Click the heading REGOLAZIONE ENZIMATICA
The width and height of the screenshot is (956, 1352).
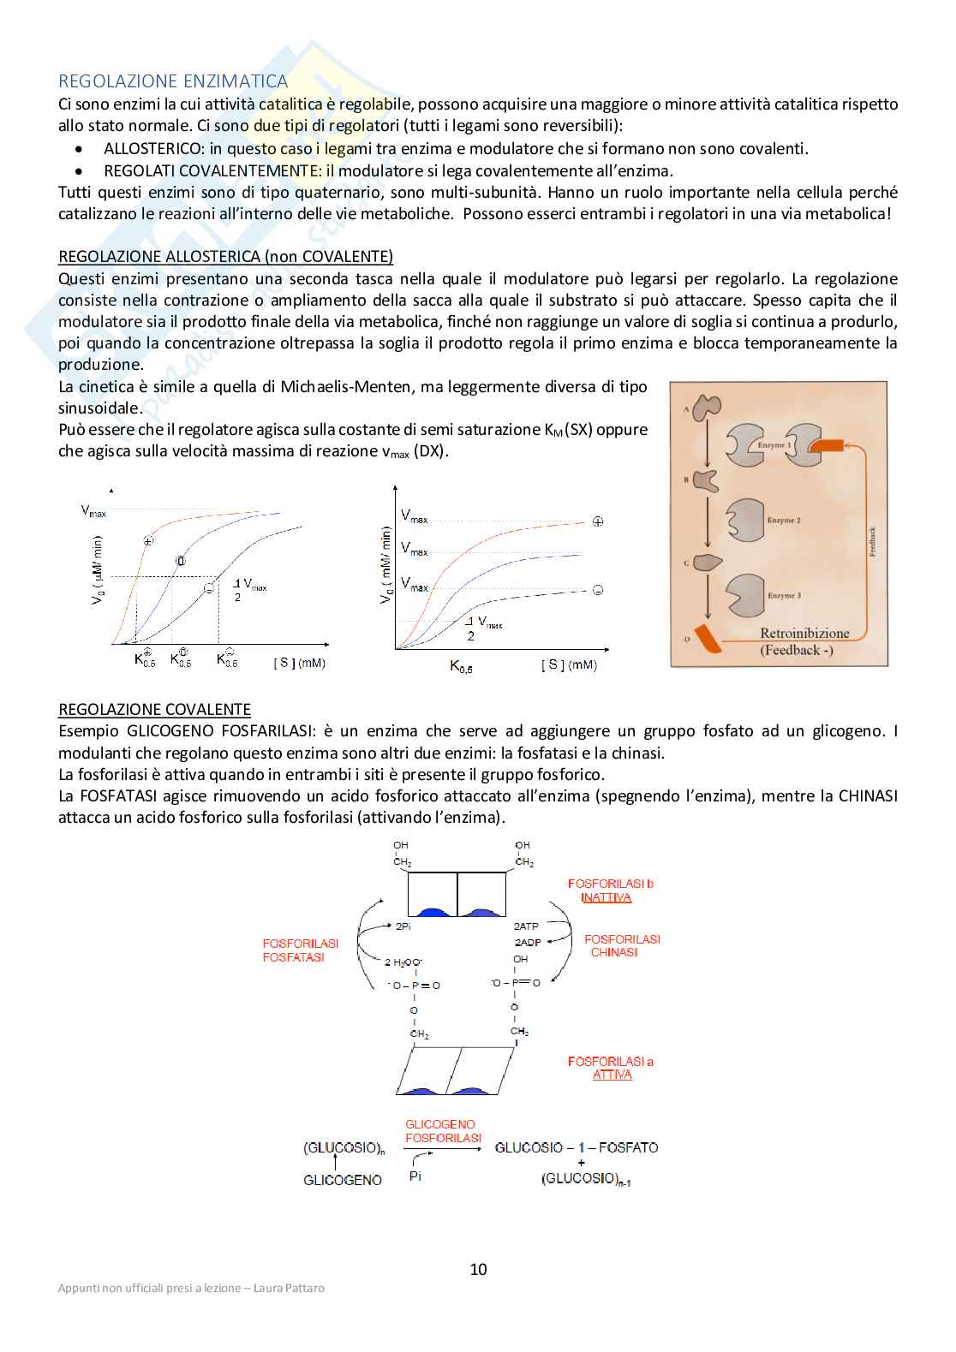click(x=173, y=81)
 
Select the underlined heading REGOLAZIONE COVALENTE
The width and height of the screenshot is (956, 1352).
click(x=154, y=709)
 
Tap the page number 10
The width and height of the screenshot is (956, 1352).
click(x=478, y=1269)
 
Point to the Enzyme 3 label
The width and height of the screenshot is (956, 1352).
click(x=784, y=595)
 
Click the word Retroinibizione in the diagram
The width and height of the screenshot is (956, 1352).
click(x=804, y=634)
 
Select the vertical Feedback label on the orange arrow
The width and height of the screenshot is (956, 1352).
click(x=872, y=541)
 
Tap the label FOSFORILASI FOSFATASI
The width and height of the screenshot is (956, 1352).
click(x=300, y=950)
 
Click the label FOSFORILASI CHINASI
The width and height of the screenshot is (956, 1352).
click(x=622, y=945)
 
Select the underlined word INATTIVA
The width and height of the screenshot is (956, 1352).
click(x=606, y=897)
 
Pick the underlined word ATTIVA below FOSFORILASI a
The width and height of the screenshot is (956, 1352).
click(x=612, y=1075)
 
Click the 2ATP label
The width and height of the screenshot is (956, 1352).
click(x=526, y=926)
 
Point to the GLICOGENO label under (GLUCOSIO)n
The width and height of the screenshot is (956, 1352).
click(x=343, y=1180)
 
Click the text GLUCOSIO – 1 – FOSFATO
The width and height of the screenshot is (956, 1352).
click(x=577, y=1147)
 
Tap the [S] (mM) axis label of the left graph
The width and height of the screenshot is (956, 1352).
click(x=299, y=663)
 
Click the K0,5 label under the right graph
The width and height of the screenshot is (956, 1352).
click(x=461, y=665)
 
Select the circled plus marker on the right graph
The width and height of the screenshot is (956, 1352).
click(x=598, y=521)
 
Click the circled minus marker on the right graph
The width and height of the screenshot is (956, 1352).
click(x=598, y=590)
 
